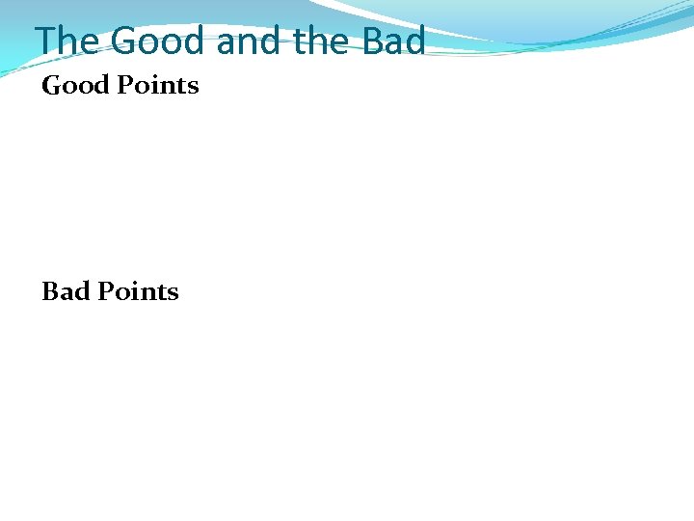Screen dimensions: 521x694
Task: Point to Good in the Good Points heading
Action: [x=76, y=86]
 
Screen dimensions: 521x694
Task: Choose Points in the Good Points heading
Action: [x=158, y=86]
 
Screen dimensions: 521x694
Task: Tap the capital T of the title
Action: [x=46, y=41]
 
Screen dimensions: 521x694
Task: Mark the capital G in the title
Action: [x=125, y=41]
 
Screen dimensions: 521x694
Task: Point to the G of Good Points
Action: [x=52, y=86]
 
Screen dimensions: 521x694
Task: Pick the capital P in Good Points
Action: [x=124, y=86]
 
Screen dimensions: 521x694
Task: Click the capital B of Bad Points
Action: [x=50, y=291]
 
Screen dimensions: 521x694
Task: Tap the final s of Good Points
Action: [x=193, y=87]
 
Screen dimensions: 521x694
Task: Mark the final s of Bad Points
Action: [x=173, y=292]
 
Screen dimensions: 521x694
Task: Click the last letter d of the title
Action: [x=414, y=41]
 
